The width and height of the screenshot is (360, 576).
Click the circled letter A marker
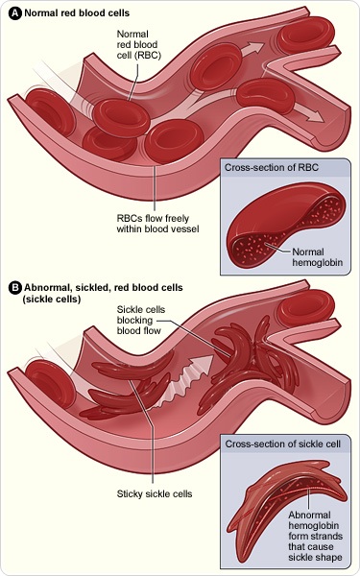click(x=14, y=12)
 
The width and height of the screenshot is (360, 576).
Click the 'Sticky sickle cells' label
click(x=155, y=493)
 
